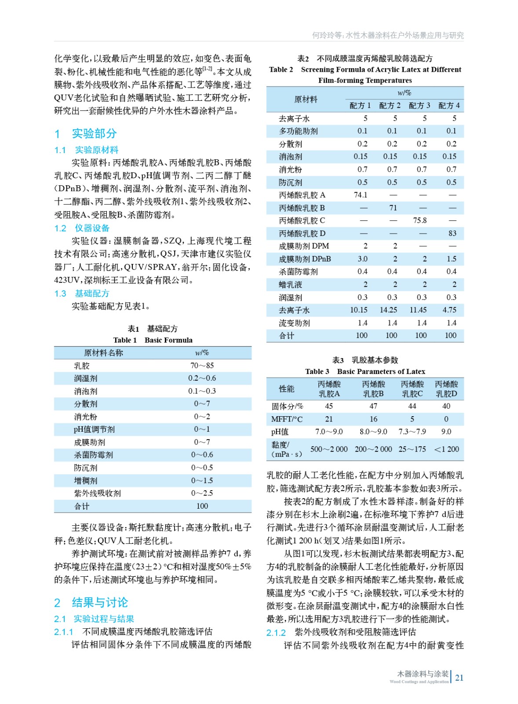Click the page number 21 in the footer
459,678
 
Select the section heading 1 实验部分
86,133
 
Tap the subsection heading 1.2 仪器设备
82,228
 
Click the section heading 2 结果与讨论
91,602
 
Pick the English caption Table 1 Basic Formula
153,340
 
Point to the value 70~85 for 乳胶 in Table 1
202,366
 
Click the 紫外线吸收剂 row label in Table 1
97,493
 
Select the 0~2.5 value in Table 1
202,493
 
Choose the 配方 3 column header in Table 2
419,106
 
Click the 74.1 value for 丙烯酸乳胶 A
361,195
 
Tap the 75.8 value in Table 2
420,220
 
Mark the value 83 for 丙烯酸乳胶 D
452,233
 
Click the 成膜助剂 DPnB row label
305,259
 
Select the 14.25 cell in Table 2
388,310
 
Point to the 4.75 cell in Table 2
449,310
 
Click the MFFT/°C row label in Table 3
287,419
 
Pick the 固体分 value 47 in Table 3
373,406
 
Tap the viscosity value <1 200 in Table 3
446,449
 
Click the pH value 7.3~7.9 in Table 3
412,432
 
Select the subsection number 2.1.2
276,633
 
